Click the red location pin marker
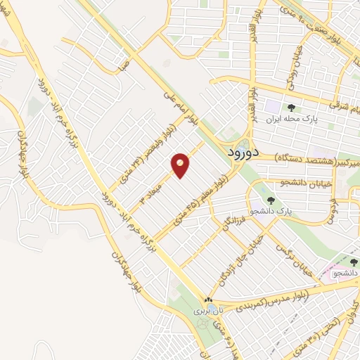coord(181,165)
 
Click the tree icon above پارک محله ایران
coord(292,108)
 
